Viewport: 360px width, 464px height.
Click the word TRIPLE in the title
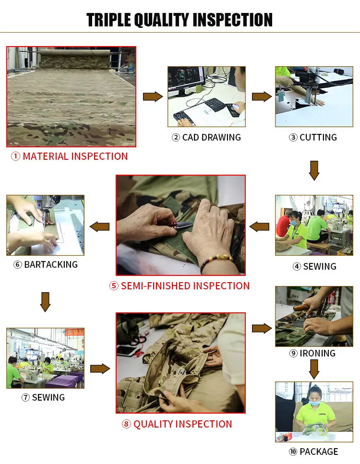click(x=109, y=20)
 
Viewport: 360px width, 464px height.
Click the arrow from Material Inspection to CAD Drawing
click(x=153, y=96)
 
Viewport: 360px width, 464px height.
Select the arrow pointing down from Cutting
click(x=314, y=170)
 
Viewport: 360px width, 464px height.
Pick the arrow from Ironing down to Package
click(x=314, y=369)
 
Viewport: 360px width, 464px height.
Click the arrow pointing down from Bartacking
click(x=45, y=302)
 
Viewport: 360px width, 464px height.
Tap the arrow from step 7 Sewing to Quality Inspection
click(x=100, y=369)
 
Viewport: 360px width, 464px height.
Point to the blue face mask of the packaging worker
click(x=315, y=403)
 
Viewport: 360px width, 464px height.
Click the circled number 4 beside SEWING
click(x=297, y=267)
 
